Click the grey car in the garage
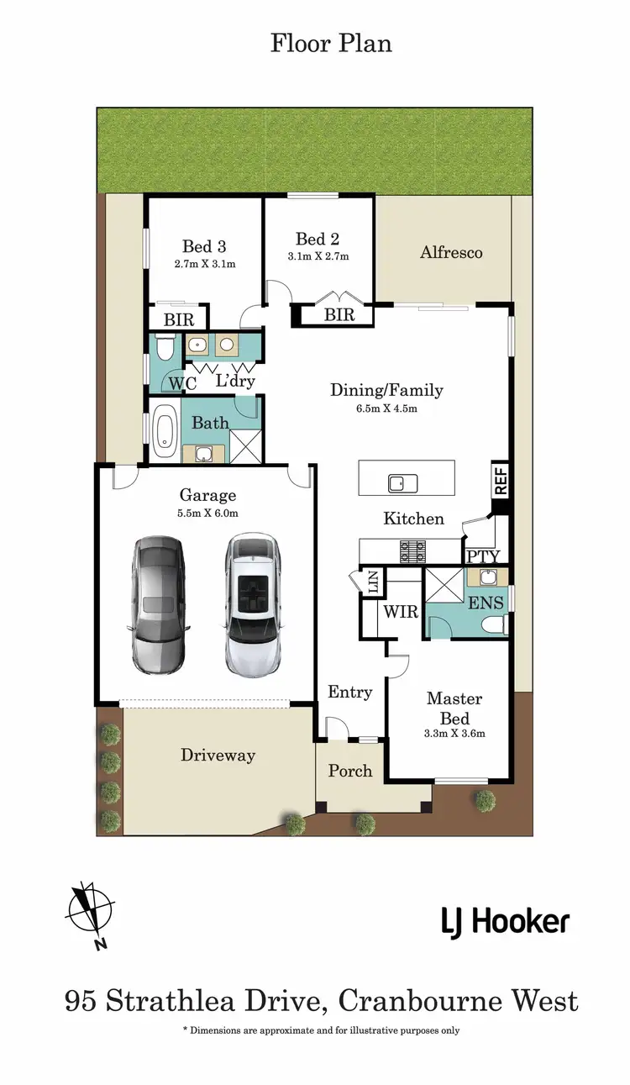click(158, 604)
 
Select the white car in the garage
click(252, 604)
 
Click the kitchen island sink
click(397, 483)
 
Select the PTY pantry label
click(483, 556)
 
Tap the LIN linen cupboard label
click(370, 582)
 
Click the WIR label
click(401, 612)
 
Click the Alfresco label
click(451, 252)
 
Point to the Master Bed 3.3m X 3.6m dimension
click(454, 733)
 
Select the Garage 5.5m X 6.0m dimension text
click(207, 513)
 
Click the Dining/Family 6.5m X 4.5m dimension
click(386, 409)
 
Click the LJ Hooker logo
click(506, 922)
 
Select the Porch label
click(349, 770)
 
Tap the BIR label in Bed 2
click(339, 316)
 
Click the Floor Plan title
click(331, 43)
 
